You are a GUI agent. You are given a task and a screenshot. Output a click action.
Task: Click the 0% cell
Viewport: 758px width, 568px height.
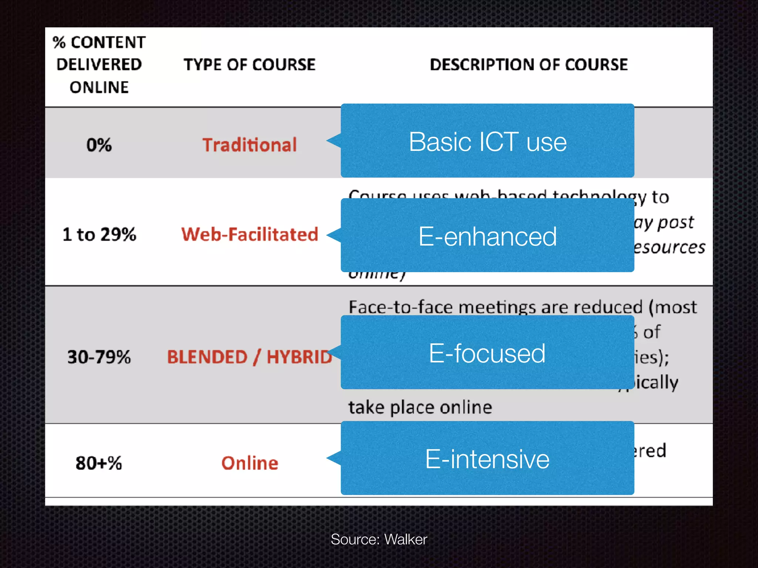coord(99,145)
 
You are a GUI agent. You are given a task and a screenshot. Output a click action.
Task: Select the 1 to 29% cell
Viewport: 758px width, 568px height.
coord(99,234)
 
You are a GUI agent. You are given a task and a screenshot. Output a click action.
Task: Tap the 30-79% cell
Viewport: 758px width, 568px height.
coord(99,357)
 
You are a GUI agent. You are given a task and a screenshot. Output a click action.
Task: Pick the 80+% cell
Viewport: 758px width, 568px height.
coord(99,463)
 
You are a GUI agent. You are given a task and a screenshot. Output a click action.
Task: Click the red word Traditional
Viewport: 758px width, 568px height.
coord(249,145)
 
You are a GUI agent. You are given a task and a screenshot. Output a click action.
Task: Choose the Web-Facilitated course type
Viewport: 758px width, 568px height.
coord(249,234)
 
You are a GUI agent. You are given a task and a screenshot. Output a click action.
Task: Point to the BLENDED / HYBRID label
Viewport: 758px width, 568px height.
coord(249,357)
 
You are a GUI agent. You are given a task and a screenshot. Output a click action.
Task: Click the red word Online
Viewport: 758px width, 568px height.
coord(249,463)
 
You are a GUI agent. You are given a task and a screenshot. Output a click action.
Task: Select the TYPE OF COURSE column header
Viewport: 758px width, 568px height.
coord(249,65)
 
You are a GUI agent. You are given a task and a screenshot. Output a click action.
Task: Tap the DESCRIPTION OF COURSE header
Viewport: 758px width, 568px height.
coord(529,65)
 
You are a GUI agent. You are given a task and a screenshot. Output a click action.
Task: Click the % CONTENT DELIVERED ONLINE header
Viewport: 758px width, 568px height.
coord(99,65)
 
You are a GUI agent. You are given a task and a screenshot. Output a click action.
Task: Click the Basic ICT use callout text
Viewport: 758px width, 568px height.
coord(487,142)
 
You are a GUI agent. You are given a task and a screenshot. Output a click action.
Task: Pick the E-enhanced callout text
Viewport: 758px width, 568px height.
coord(487,237)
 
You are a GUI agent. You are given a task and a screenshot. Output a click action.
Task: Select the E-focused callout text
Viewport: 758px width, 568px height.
coord(487,354)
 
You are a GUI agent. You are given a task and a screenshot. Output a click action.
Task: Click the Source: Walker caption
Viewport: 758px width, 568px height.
coord(379,540)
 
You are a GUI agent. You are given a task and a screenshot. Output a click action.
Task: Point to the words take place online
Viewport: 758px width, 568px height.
coord(420,408)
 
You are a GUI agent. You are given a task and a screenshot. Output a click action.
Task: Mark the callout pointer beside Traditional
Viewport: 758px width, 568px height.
coord(334,141)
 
